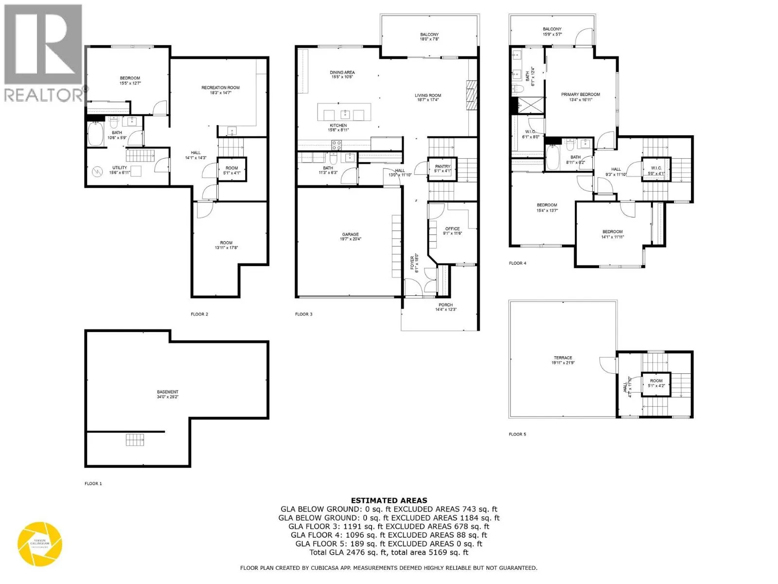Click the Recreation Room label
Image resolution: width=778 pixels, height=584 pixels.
point(221,88)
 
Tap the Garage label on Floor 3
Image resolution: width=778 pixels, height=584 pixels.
point(350,235)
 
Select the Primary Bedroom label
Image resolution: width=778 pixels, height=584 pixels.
point(581,94)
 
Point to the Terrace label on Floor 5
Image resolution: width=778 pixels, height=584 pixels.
point(563,358)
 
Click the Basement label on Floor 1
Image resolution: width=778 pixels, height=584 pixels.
point(167,392)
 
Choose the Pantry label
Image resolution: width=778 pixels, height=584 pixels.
point(442,167)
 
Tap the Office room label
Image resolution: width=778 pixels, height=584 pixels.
point(452,229)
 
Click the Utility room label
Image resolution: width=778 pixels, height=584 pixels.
point(120,168)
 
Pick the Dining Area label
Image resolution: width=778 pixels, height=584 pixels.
point(342,73)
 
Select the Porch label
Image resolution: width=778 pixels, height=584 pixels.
point(445,305)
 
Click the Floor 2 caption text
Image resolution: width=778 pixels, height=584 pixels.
point(199,314)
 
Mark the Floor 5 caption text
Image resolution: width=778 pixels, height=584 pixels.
point(517,434)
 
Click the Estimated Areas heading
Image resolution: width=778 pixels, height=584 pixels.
point(389,500)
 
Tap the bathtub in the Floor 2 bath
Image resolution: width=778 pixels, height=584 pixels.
point(95,133)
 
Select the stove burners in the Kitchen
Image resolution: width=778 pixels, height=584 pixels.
point(336,145)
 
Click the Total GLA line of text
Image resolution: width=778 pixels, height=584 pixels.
point(389,552)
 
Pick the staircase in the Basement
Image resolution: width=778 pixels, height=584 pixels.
point(135,440)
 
